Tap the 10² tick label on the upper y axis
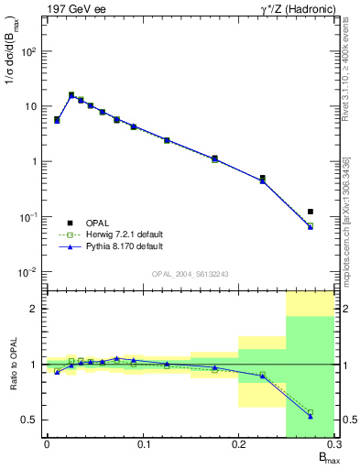click(x=30, y=51)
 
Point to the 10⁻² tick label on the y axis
click(x=30, y=272)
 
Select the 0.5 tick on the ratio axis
click(x=30, y=420)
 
